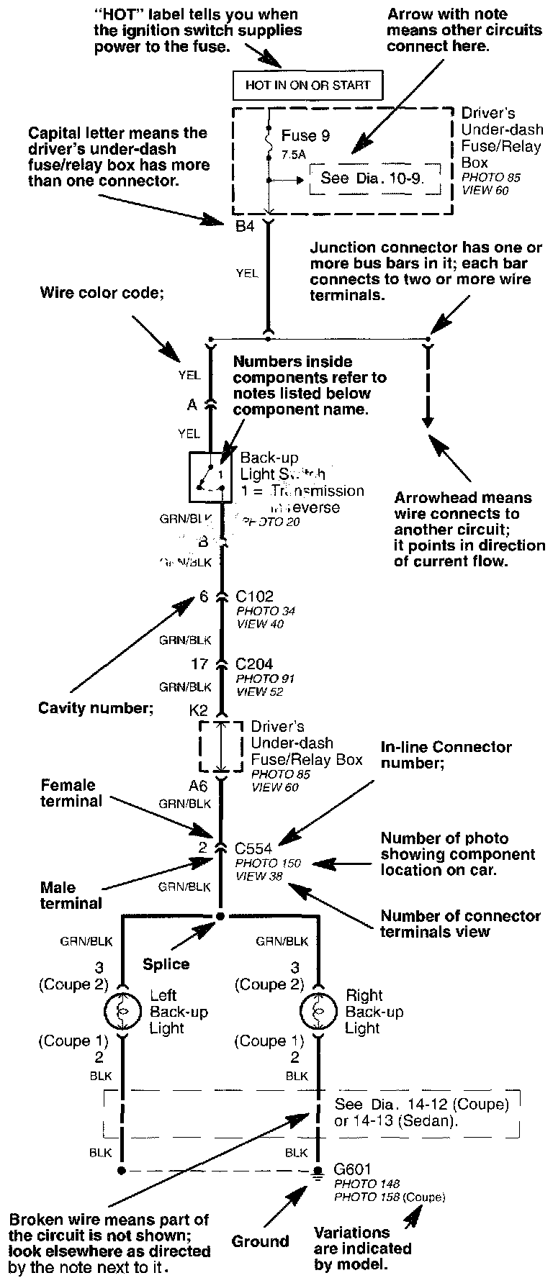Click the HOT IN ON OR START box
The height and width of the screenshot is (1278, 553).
point(307,85)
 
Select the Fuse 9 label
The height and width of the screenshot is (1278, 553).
point(305,135)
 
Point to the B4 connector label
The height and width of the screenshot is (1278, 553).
point(246,227)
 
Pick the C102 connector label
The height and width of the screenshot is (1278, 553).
point(254,596)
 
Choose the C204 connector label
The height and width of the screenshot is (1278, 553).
point(254,664)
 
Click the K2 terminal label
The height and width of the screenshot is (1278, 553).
point(199,710)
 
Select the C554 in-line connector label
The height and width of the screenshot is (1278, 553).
point(254,848)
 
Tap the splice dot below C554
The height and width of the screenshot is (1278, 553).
point(221,916)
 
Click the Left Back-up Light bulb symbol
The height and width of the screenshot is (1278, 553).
point(122,1012)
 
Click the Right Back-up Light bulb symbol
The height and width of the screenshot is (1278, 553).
point(318,1012)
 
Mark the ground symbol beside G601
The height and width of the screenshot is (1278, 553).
point(318,1172)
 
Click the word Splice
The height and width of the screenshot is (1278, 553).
point(166,964)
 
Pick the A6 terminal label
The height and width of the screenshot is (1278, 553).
point(198,787)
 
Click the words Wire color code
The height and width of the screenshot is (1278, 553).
point(92,293)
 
